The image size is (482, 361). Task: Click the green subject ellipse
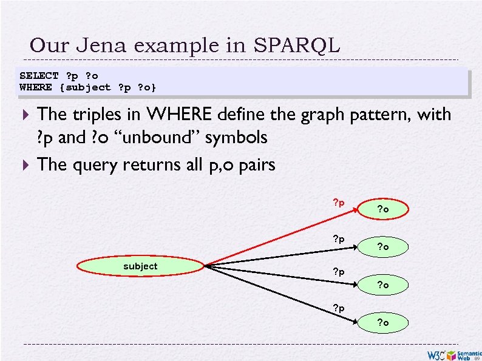[x=140, y=266]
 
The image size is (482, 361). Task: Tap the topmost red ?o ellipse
[x=383, y=209]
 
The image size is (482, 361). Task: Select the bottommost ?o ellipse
[x=383, y=323]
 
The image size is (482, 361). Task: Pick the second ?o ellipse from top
[x=383, y=247]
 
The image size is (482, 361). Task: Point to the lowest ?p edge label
[x=338, y=308]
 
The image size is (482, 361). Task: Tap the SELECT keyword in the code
[x=39, y=76]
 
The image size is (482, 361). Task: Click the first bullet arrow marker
[x=25, y=114]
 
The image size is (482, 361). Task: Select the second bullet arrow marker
[x=25, y=164]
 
